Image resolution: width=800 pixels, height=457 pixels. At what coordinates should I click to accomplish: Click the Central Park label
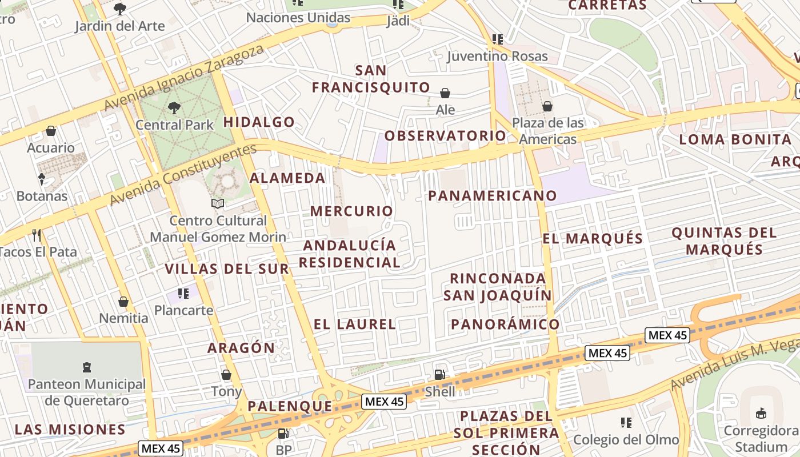[174, 125]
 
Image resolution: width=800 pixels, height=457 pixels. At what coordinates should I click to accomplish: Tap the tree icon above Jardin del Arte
[120, 9]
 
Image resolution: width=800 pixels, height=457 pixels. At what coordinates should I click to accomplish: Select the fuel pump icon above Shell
[440, 375]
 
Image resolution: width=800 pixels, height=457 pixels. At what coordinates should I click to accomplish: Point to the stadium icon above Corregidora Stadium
[761, 413]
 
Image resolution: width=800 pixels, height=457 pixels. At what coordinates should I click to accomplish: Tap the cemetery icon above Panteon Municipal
[87, 367]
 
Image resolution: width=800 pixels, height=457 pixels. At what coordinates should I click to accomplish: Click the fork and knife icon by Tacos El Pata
[37, 235]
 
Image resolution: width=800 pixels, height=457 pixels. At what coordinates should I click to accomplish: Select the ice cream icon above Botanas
[42, 179]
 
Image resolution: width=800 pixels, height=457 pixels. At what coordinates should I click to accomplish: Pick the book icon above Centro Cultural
[218, 203]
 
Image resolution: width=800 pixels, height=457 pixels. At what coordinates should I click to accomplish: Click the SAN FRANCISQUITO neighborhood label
[371, 79]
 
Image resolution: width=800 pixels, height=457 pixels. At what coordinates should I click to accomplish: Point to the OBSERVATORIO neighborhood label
[445, 135]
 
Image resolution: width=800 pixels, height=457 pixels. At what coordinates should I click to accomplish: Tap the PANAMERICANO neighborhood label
[492, 195]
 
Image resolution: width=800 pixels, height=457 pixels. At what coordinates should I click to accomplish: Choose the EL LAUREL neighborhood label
[354, 324]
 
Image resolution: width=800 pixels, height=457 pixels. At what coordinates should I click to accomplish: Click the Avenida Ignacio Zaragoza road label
[185, 77]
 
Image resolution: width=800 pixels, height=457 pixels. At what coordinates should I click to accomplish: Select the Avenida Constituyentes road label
[183, 174]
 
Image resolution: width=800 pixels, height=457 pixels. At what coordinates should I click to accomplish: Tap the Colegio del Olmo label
[626, 439]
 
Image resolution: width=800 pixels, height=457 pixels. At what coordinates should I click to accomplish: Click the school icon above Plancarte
[183, 294]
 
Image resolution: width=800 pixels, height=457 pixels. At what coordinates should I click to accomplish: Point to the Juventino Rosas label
[497, 56]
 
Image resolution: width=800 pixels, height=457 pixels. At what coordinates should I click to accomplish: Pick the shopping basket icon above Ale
[445, 93]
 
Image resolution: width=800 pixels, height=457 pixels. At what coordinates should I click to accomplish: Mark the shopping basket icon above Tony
[226, 375]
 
